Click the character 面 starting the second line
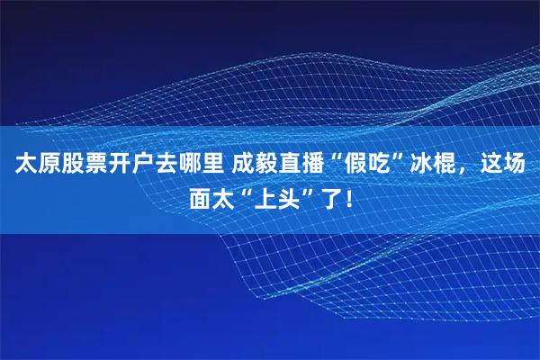(200, 195)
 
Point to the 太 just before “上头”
(225, 195)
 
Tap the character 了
(322, 195)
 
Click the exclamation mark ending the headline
(341, 195)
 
